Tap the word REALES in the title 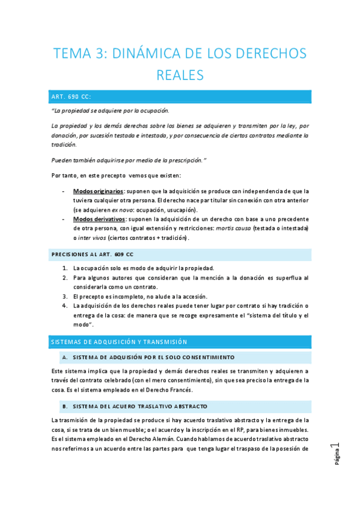(x=180, y=75)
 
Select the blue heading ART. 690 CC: (x=72, y=96)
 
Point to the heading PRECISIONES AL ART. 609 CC (x=92, y=254)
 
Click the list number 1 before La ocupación (x=65, y=268)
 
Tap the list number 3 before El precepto (x=65, y=296)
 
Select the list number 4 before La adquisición (x=65, y=306)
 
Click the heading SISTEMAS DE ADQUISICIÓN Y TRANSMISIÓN (x=119, y=342)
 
